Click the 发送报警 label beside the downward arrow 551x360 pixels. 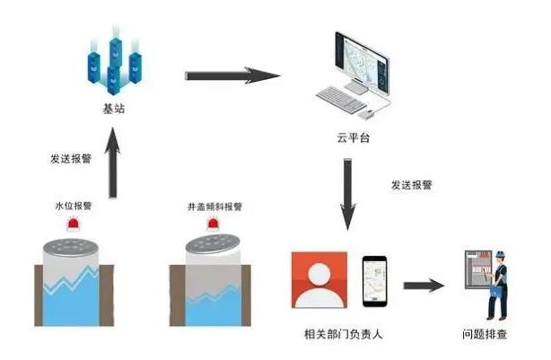click(411, 185)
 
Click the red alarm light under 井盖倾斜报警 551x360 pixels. click(214, 224)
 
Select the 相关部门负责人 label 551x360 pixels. click(341, 334)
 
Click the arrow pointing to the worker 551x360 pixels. click(424, 286)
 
